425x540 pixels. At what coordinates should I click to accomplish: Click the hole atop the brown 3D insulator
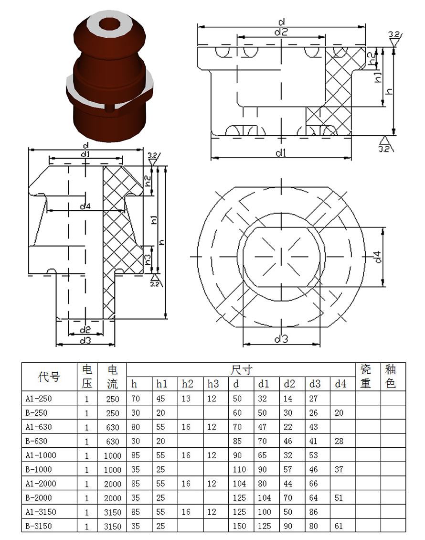coord(109,25)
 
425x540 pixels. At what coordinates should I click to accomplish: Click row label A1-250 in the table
coord(39,399)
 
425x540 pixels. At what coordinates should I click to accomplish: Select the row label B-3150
coord(39,526)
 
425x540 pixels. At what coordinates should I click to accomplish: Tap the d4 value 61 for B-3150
coord(339,526)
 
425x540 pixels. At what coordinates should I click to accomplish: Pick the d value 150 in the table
coord(239,526)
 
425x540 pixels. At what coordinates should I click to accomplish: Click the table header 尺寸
coord(241,370)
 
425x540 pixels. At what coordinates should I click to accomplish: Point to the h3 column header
coord(213,384)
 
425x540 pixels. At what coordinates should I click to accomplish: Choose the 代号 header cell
coord(49,377)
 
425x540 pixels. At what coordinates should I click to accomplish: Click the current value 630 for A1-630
coord(113,427)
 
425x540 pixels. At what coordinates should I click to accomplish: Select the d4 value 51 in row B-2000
coord(339,497)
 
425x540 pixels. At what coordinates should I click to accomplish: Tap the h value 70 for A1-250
coord(135,399)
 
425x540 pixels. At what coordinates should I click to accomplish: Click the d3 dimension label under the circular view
coord(281,339)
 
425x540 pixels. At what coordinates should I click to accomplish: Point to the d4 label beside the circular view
coord(378,257)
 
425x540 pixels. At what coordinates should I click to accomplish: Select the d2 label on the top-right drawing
coord(281,32)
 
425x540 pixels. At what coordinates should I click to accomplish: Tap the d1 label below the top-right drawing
coord(281,152)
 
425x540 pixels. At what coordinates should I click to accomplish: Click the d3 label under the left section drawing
coord(85,341)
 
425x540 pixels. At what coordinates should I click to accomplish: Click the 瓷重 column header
coord(365,377)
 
